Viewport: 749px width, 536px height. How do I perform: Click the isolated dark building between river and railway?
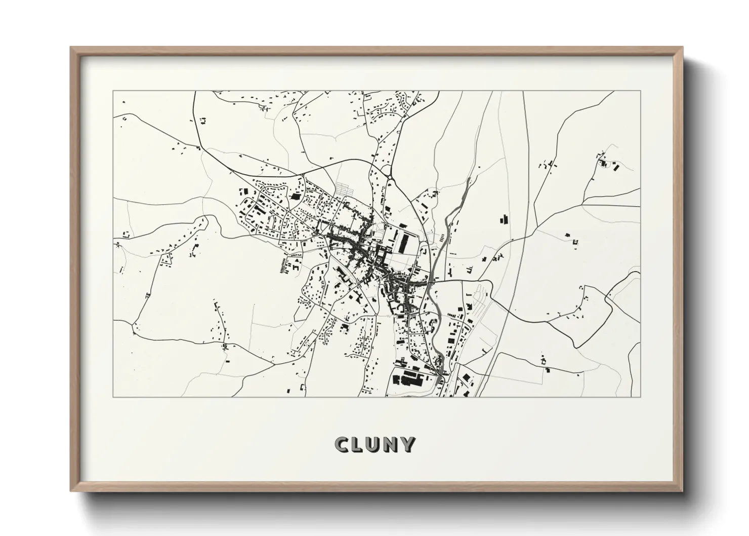click(504, 220)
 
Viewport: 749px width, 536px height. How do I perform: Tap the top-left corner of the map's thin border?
click(113, 91)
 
